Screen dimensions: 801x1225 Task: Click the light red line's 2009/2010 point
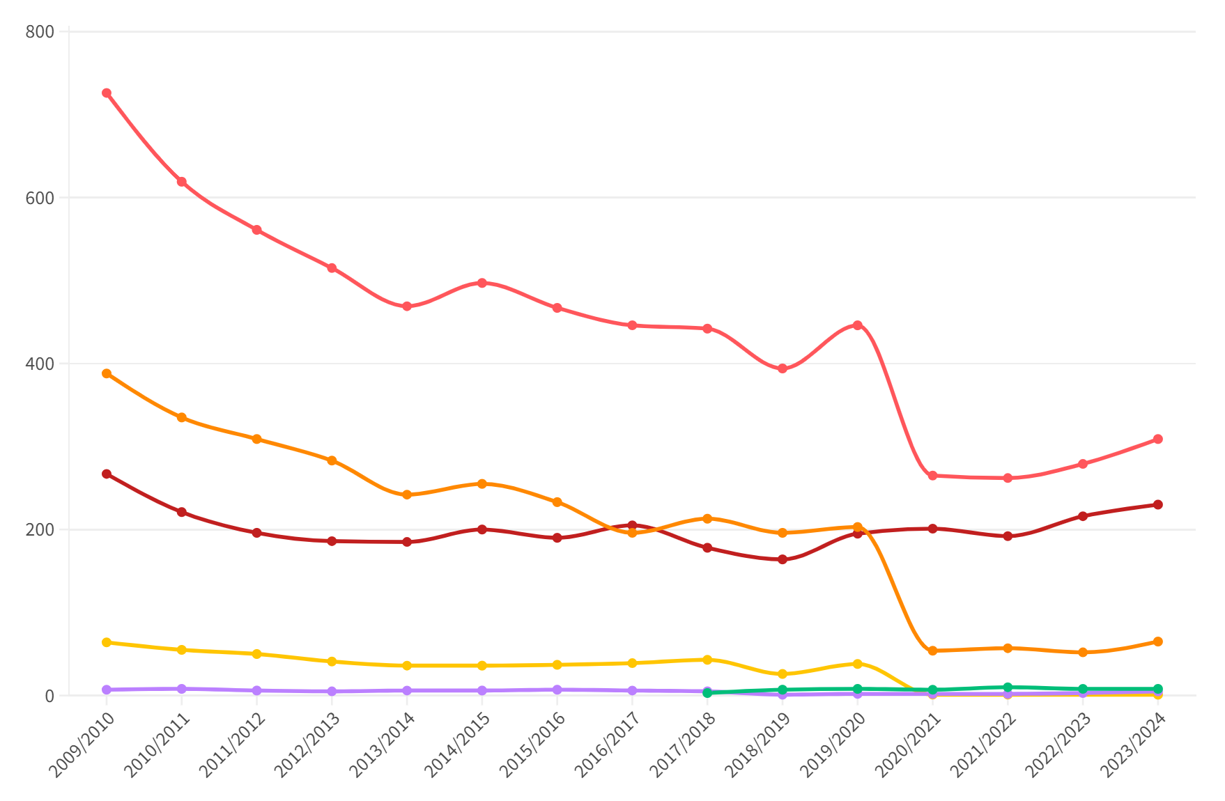pyautogui.click(x=107, y=93)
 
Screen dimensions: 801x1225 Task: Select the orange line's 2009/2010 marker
pyautogui.click(x=107, y=374)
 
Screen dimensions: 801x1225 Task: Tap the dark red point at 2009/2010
pyautogui.click(x=107, y=474)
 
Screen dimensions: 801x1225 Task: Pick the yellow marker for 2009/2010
pyautogui.click(x=107, y=642)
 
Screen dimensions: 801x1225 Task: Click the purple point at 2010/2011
pyautogui.click(x=182, y=689)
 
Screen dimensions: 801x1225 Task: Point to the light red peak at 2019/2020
pyautogui.click(x=858, y=325)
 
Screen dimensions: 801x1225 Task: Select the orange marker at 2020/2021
pyautogui.click(x=933, y=651)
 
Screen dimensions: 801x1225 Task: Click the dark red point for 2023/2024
pyautogui.click(x=1158, y=505)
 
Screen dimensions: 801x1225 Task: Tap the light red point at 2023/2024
pyautogui.click(x=1158, y=440)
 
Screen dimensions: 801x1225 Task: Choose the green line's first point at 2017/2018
pyautogui.click(x=708, y=693)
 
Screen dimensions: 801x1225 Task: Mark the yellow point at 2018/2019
pyautogui.click(x=783, y=674)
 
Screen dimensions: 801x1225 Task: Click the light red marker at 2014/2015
pyautogui.click(x=482, y=283)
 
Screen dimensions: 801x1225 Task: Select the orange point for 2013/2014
pyautogui.click(x=407, y=495)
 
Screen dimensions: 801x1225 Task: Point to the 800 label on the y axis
pyautogui.click(x=40, y=32)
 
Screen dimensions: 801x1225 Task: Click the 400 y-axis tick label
pyautogui.click(x=40, y=364)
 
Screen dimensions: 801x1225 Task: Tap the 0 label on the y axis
pyautogui.click(x=49, y=696)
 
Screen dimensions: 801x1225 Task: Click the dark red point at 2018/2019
pyautogui.click(x=783, y=559)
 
